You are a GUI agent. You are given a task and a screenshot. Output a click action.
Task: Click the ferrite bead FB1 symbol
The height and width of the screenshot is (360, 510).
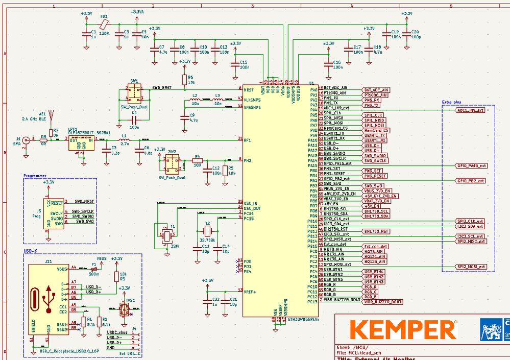(x=104, y=24)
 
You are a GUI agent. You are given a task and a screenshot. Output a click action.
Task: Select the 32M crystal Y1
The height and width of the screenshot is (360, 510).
(x=165, y=234)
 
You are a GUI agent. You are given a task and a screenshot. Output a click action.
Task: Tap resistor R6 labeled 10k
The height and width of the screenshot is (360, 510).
(x=184, y=79)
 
